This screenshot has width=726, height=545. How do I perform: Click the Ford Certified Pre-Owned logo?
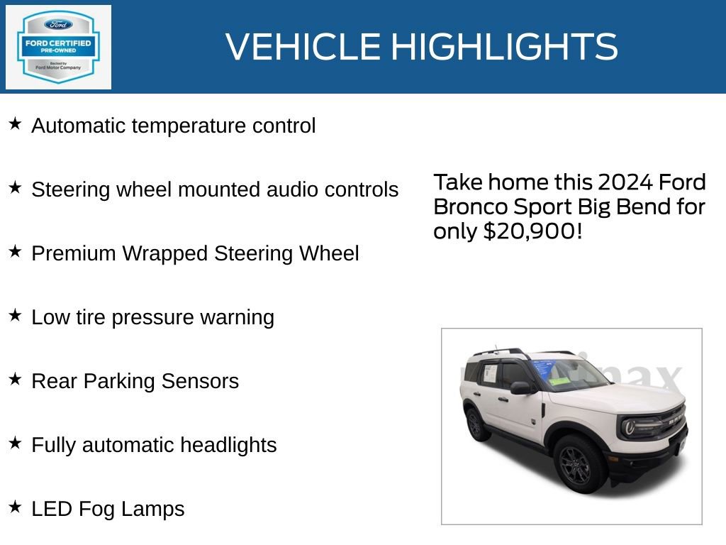tap(58, 47)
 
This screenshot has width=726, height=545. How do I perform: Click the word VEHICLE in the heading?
tap(303, 47)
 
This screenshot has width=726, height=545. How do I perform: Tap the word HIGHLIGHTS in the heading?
tap(504, 47)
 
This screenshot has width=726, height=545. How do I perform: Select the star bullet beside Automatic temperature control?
tap(15, 124)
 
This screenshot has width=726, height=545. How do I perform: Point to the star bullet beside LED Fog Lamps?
tap(15, 507)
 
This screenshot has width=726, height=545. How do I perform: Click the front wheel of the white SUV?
tap(579, 463)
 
